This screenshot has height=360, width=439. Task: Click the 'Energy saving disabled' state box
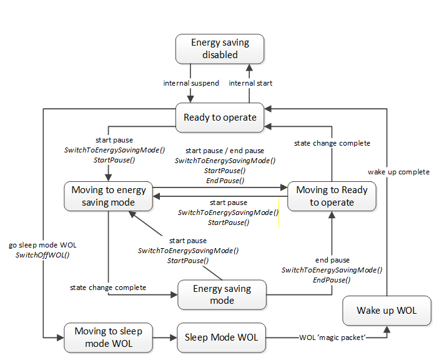(220, 49)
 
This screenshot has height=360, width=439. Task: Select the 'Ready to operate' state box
(220, 117)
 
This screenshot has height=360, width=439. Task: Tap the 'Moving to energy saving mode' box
(109, 196)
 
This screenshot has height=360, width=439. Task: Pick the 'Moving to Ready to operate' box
(332, 196)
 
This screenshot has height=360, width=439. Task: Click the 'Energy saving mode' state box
(222, 294)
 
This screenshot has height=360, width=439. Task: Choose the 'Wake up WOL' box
(387, 311)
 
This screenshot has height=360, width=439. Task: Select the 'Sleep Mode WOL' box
(221, 337)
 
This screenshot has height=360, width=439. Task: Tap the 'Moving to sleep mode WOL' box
(109, 337)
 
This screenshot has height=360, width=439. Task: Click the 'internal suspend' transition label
(191, 83)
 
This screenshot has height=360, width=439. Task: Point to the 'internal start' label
(250, 83)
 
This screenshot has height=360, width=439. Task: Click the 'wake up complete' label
(398, 172)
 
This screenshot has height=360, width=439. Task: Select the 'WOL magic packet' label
(332, 337)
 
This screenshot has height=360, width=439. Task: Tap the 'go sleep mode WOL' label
(42, 245)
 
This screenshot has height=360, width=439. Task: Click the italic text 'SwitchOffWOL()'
(42, 255)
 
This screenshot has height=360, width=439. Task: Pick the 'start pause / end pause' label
(225, 151)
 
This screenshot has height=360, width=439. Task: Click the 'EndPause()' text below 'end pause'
(332, 280)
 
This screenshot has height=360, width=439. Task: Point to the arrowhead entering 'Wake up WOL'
(387, 329)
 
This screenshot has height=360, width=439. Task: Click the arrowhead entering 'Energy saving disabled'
(249, 67)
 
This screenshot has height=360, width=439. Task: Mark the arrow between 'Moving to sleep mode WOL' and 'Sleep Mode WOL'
(165, 337)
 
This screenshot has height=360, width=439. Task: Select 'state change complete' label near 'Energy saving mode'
(108, 287)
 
